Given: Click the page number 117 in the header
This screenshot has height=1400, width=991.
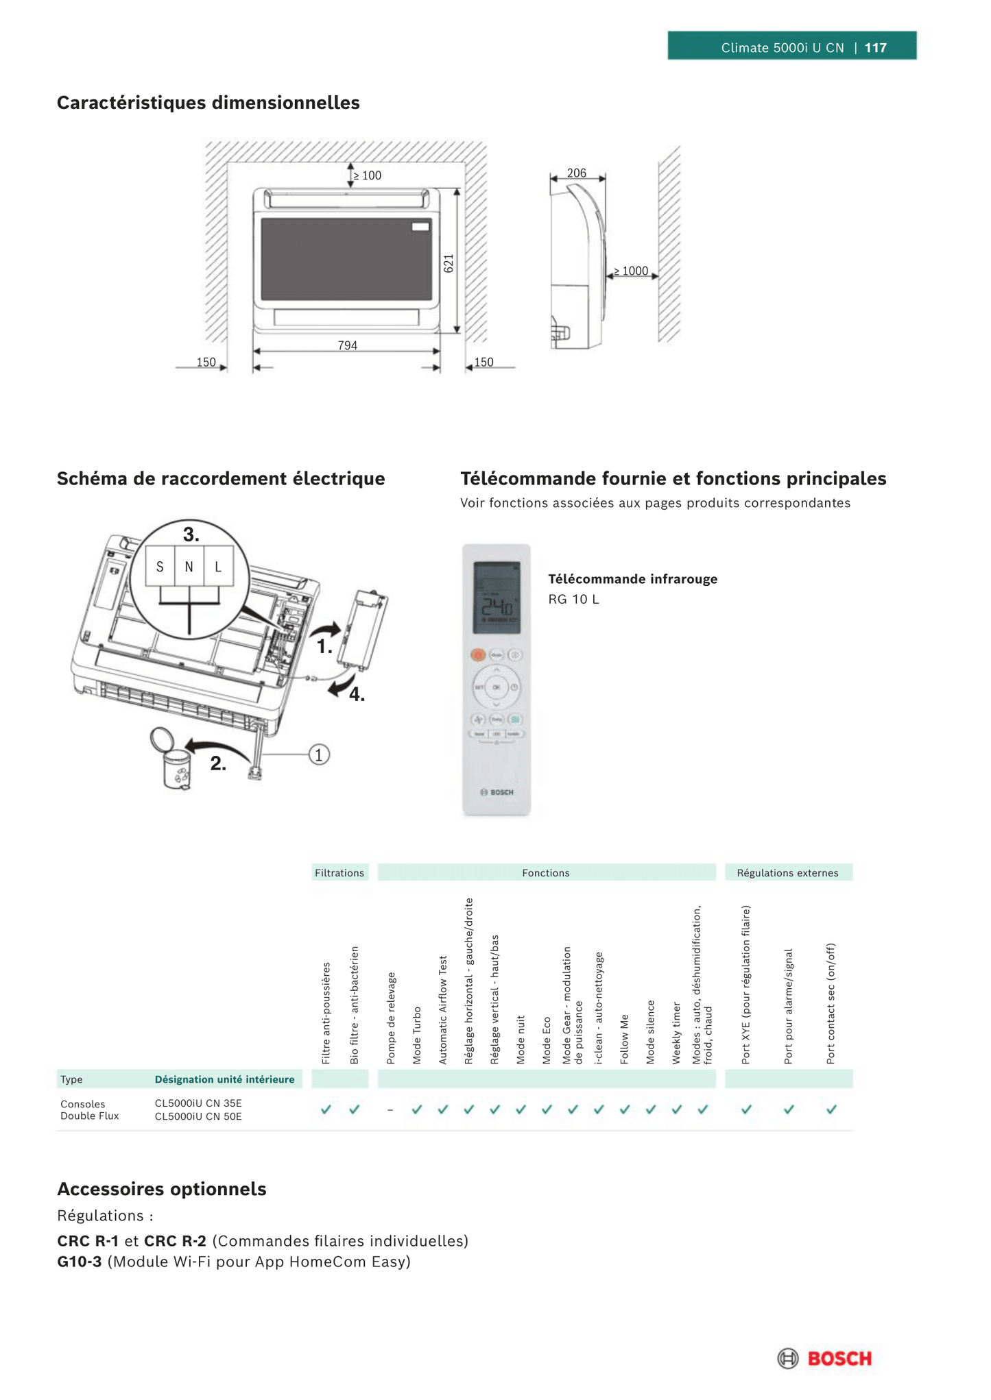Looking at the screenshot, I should [x=875, y=48].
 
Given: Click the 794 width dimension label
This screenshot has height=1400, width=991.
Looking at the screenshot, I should [x=348, y=345].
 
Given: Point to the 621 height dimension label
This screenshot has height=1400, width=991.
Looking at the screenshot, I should [x=449, y=264].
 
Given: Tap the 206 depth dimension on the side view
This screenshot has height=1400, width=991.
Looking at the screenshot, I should [x=577, y=173].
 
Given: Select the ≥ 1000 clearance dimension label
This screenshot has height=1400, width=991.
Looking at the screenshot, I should [x=631, y=271].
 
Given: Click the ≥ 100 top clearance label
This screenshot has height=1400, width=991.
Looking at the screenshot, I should [x=368, y=176].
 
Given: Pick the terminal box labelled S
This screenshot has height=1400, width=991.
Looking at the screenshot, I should [x=160, y=567].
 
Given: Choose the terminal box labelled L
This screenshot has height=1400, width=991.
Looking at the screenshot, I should [x=218, y=567].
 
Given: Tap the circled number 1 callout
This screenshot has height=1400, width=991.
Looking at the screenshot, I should [x=319, y=754].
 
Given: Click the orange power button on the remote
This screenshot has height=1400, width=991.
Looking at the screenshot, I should [x=478, y=655].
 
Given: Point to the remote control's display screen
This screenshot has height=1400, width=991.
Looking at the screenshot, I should [x=497, y=598].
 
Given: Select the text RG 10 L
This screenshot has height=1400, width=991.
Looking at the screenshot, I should [x=573, y=600].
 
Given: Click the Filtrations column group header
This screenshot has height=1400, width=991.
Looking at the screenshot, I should [x=339, y=872].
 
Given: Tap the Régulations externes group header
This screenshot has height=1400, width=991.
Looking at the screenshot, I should [x=787, y=872].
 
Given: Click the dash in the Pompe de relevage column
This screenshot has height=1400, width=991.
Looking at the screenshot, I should [x=390, y=1109].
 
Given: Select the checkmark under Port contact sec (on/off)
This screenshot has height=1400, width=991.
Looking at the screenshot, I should [x=831, y=1109].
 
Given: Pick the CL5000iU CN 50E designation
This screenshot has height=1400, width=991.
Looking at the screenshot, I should [x=198, y=1116].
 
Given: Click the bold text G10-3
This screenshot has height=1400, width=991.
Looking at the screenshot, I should [x=80, y=1262].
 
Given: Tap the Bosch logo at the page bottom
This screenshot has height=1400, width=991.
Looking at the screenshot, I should [x=825, y=1358].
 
